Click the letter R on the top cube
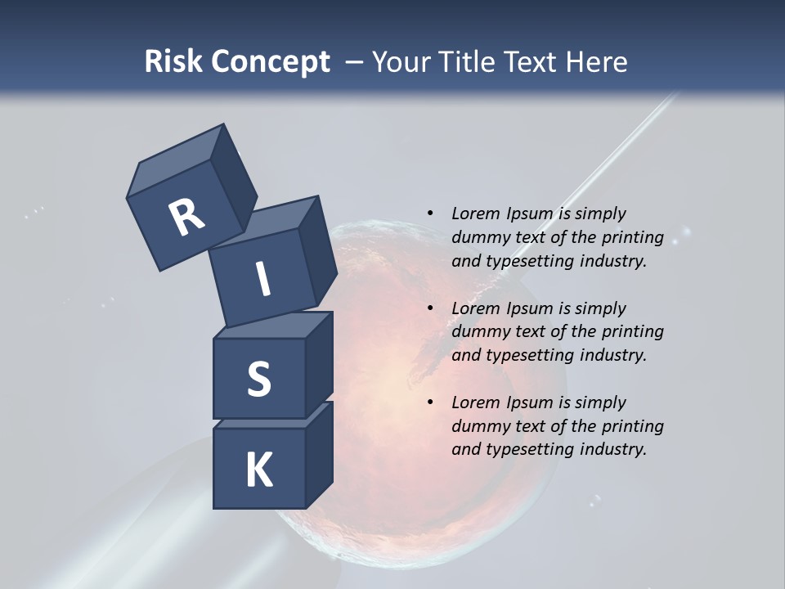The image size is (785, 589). point(186,218)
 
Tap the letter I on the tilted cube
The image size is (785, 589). point(262,279)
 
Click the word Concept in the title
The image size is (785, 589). point(270,62)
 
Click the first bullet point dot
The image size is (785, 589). point(430,214)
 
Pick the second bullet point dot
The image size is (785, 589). point(430,308)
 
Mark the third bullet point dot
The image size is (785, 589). point(430,402)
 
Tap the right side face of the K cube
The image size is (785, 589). point(320,454)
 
